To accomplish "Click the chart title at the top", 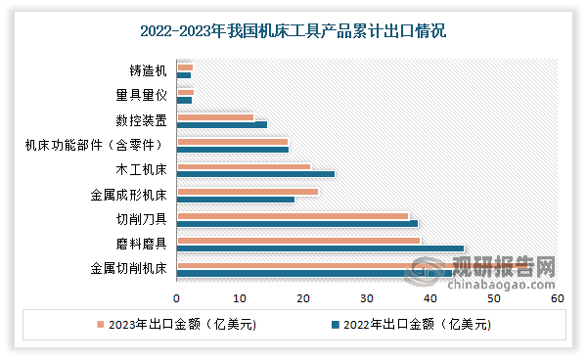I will coord(293,31).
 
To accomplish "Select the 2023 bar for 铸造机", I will coord(185,67).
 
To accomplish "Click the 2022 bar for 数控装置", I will coord(222,124).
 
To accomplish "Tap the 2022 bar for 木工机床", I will coord(255,174).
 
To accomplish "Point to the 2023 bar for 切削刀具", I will coord(293,216).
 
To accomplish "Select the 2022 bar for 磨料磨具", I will coord(320,248).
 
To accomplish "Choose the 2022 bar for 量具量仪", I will coord(184,100).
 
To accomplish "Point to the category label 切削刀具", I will coord(142,219).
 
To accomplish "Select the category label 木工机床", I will coord(142,170).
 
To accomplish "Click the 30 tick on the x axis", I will coord(367,296).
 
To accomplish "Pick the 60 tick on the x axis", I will coord(557,296).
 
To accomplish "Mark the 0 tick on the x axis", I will coord(177,296).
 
